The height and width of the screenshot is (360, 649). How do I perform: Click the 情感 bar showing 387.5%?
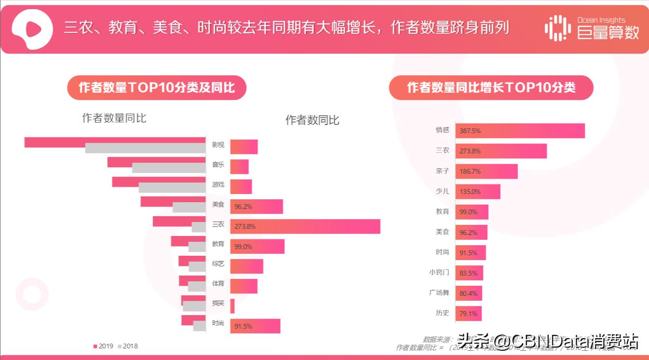coord(520,131)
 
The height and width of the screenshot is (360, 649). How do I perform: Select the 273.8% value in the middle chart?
coord(245,226)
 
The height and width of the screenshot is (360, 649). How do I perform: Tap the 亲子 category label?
coord(442,171)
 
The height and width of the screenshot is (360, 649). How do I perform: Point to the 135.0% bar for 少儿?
coord(478,192)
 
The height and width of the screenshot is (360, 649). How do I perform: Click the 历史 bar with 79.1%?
coord(468,314)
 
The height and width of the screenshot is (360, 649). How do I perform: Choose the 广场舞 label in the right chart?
coord(439,292)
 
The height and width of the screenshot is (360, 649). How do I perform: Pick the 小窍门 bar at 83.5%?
coord(469,273)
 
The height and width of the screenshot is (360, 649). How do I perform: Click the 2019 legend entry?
coord(103,346)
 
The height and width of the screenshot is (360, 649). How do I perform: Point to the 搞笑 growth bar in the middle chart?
coord(232,306)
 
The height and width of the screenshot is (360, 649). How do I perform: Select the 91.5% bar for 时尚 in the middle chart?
coord(255,326)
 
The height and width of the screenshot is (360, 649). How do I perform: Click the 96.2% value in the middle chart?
coord(243,207)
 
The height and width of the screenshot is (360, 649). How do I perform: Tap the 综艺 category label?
coord(218,264)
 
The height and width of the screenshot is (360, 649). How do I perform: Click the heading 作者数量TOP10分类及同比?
coord(156,88)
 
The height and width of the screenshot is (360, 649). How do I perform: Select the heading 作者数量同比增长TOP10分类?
coord(491,88)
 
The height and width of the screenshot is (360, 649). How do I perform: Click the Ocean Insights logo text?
coord(601,20)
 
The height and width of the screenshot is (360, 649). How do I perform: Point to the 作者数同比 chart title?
coord(312,120)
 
